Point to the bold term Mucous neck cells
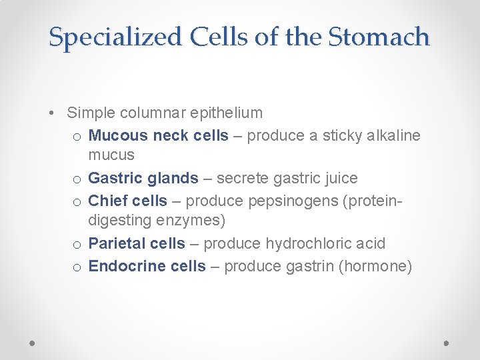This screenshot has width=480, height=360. pos(158,135)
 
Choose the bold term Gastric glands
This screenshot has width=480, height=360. pos(143,178)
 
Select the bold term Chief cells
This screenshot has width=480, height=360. pos(127,201)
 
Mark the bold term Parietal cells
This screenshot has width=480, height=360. pos(137,243)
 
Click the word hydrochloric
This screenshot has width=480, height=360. pos(307,243)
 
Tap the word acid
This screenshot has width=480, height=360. pos(371,243)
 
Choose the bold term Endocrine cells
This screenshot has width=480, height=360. pos(147,266)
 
